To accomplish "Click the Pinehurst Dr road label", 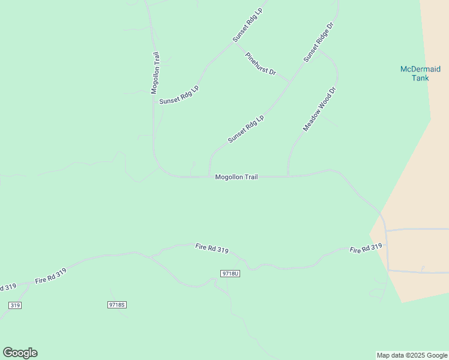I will click(x=261, y=64).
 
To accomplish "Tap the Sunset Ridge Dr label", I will click(x=318, y=43).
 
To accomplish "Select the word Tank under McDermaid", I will click(x=420, y=78).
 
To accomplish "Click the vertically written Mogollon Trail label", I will click(x=155, y=73).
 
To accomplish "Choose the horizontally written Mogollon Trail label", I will click(x=237, y=177).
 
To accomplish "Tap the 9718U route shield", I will click(x=230, y=274).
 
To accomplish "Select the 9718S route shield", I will click(x=116, y=305).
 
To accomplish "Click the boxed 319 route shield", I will click(x=15, y=305).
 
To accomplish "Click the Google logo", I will click(x=20, y=353).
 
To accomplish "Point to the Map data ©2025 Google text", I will click(x=412, y=355).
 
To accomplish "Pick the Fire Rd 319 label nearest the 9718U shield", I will click(x=211, y=248).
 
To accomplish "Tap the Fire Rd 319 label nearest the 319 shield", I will click(x=50, y=276).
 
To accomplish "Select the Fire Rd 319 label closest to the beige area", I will click(x=366, y=247).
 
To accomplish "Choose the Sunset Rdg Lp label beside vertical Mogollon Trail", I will click(x=179, y=95).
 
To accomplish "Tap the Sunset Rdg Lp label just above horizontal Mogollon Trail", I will click(x=246, y=129).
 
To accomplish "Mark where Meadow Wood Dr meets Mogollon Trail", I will click(x=288, y=176).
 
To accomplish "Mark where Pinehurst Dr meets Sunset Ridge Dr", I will click(x=291, y=81).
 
